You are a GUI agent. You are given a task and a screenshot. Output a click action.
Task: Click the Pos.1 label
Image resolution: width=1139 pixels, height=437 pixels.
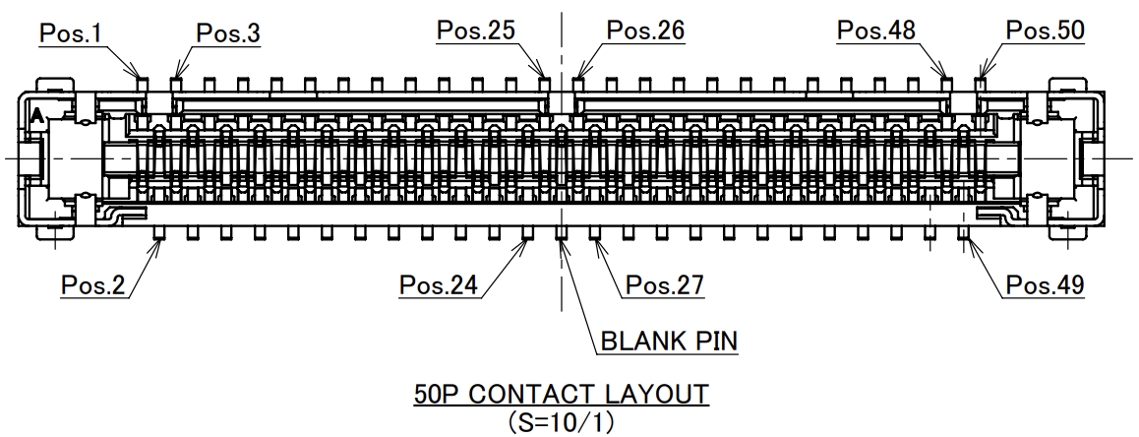(71, 33)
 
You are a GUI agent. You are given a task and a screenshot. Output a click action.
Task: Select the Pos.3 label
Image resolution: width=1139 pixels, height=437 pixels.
(228, 33)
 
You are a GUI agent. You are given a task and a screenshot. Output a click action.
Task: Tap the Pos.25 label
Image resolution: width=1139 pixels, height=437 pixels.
(476, 31)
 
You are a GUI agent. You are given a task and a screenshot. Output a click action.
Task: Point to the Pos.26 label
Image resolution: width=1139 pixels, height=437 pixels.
(645, 31)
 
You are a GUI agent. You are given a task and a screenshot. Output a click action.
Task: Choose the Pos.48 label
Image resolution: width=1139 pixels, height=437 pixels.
(876, 31)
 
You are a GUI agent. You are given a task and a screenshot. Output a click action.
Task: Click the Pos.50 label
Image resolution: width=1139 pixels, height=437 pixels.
(1046, 31)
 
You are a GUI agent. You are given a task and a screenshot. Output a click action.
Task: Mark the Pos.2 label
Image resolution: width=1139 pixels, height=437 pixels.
(93, 285)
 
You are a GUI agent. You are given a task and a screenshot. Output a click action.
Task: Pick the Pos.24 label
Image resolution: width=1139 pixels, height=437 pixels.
(439, 285)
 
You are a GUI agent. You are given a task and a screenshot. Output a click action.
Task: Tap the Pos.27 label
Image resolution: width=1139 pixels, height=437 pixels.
(666, 285)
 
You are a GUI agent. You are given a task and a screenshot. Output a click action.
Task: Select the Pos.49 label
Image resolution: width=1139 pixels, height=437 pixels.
(1046, 285)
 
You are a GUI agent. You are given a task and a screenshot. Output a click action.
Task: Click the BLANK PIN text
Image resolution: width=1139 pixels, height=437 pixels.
(669, 342)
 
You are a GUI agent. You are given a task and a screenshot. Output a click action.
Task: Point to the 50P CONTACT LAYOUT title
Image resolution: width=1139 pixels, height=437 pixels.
(561, 395)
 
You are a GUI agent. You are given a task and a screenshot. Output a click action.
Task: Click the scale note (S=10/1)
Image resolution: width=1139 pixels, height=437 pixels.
(561, 421)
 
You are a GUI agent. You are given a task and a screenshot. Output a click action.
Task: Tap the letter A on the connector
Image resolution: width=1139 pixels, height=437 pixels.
(36, 116)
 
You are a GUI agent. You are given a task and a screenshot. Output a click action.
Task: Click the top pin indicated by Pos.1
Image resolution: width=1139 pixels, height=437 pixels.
(142, 83)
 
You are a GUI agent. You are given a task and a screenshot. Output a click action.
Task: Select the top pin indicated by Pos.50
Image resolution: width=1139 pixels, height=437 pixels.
(981, 83)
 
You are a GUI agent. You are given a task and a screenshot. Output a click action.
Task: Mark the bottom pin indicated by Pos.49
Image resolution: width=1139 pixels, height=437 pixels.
(964, 232)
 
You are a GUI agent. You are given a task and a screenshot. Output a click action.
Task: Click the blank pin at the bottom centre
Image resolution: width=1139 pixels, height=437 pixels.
(562, 232)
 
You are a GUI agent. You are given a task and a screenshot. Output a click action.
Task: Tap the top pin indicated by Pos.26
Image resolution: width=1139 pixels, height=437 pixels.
(578, 83)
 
